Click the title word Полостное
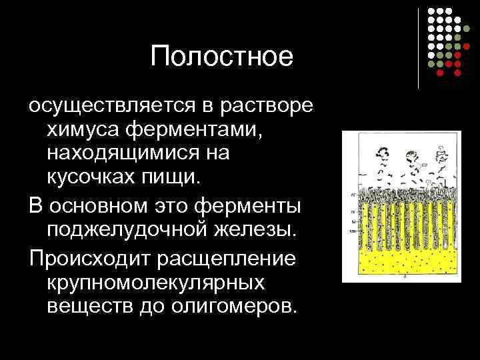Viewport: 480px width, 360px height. pyautogui.click(x=222, y=57)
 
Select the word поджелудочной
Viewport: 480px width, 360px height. pyautogui.click(x=127, y=229)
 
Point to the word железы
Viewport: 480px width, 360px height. pyautogui.click(x=257, y=229)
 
